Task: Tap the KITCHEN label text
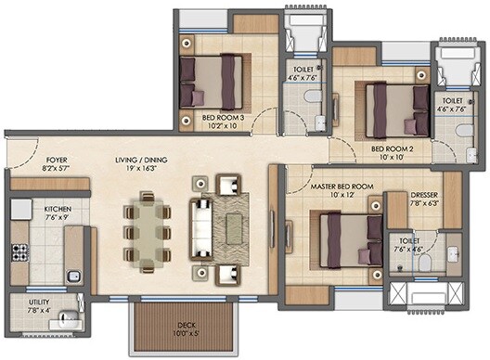[58, 211]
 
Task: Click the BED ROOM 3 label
[224, 118]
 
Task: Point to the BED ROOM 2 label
[392, 148]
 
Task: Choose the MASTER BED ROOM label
[342, 186]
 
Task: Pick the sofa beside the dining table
[201, 224]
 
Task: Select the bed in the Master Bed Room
[348, 238]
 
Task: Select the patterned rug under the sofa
[228, 224]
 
